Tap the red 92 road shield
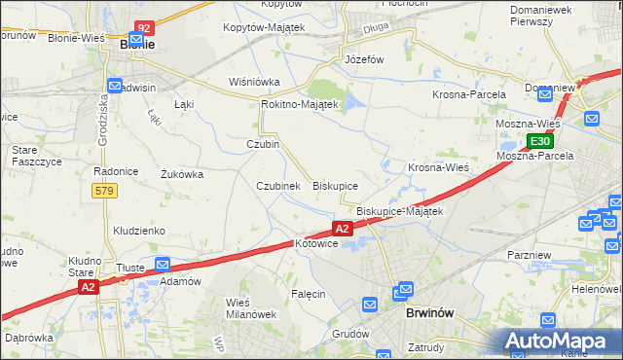point(144,28)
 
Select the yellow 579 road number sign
point(106,191)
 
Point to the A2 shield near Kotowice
point(341,229)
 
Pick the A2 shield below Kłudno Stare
point(88,287)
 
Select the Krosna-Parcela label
point(469,94)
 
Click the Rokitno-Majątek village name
point(299,104)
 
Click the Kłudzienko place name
point(139,231)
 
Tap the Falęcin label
point(308,293)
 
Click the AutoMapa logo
point(559,341)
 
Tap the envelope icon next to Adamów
point(163,264)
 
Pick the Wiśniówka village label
point(254,82)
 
